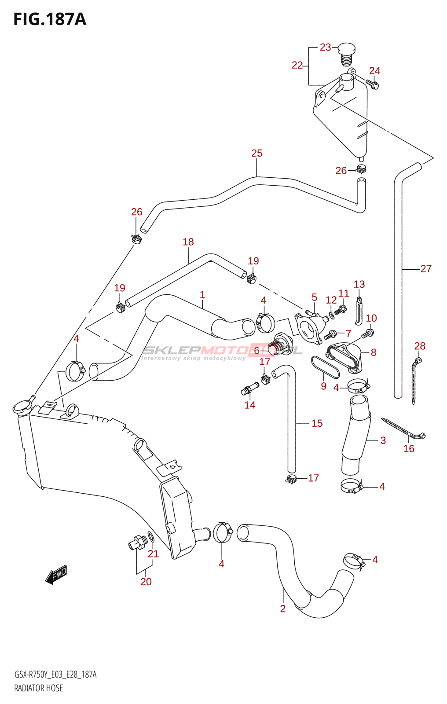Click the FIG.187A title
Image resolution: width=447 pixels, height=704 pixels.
tap(50, 19)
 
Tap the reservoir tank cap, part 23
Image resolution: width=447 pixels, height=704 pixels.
tap(347, 53)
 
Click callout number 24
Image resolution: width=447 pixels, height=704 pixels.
tap(374, 70)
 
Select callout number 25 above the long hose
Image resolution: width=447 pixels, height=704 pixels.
tap(257, 153)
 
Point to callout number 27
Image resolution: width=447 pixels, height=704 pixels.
tap(426, 268)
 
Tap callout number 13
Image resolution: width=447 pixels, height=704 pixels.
tap(359, 284)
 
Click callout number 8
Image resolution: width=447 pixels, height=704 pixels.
tap(373, 352)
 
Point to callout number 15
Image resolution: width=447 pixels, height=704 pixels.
tap(317, 423)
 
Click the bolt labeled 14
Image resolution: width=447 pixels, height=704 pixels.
tap(249, 389)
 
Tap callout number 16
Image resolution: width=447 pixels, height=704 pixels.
tap(409, 448)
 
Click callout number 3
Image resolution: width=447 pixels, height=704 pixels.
tap(383, 440)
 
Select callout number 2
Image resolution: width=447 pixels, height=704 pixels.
tap(283, 609)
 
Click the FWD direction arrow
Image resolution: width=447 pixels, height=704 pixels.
tap(56, 575)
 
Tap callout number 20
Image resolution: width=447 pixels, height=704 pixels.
tap(146, 582)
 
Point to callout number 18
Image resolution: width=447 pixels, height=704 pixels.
tap(188, 242)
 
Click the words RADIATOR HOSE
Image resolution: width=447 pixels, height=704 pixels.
tap(39, 688)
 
